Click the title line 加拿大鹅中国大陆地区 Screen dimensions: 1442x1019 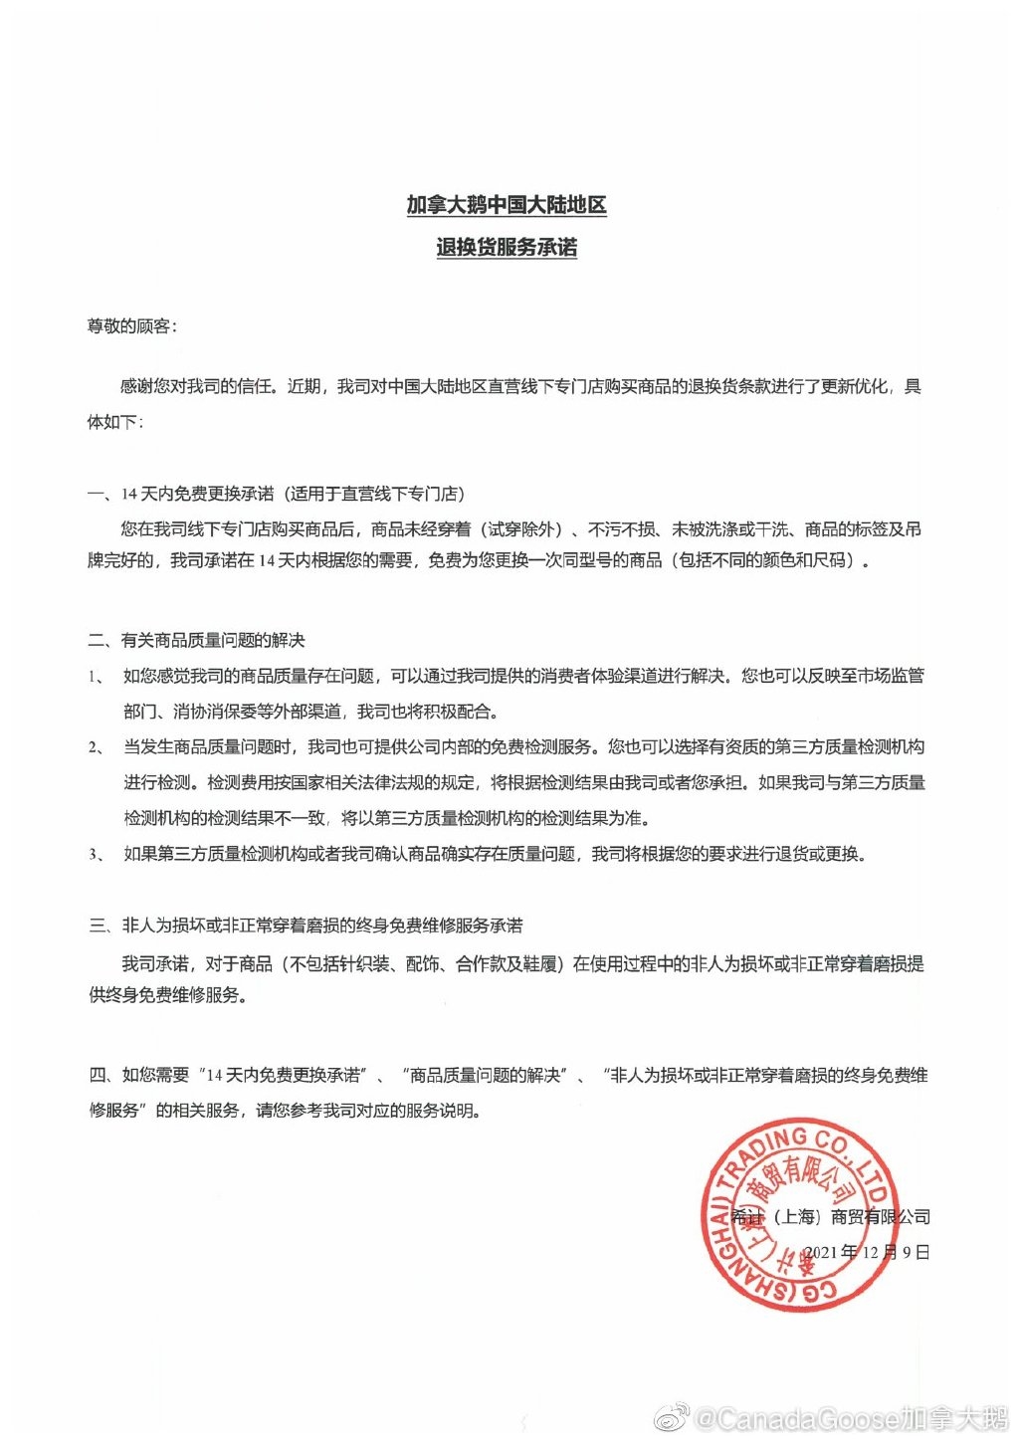[x=506, y=205]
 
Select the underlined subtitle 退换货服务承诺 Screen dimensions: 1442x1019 [x=506, y=247]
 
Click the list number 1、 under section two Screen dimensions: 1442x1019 [x=97, y=677]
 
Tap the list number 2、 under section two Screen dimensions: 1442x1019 [x=97, y=747]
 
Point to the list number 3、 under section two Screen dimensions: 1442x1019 [x=97, y=854]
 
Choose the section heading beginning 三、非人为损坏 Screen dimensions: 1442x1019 [x=306, y=926]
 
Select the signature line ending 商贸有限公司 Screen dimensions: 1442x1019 [x=831, y=1216]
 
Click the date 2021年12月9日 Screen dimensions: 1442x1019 [x=866, y=1252]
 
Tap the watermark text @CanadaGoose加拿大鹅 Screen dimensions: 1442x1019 [x=850, y=1418]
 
